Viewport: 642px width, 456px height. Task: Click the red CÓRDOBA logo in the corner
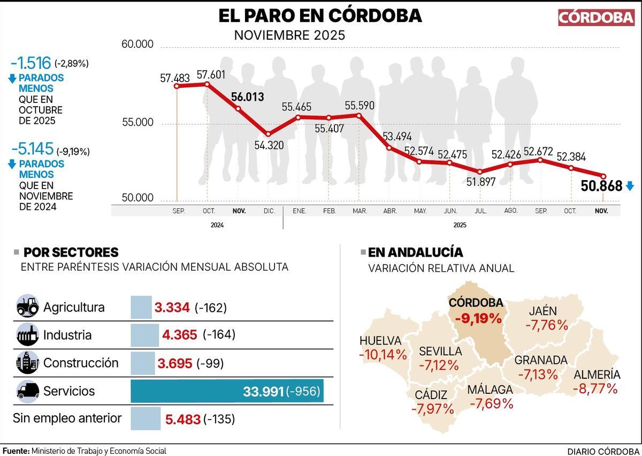click(x=596, y=17)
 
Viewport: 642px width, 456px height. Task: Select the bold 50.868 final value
click(x=601, y=186)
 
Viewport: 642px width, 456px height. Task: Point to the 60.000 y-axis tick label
click(x=137, y=44)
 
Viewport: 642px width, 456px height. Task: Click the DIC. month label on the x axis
click(x=269, y=211)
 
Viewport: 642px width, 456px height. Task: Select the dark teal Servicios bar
click(x=227, y=391)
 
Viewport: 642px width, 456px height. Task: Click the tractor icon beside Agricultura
click(x=27, y=307)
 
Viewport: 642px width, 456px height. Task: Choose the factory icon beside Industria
click(x=27, y=335)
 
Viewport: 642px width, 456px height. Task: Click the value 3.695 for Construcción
click(x=174, y=363)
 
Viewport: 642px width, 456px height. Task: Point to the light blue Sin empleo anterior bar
click(x=146, y=418)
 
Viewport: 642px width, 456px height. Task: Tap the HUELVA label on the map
click(x=380, y=341)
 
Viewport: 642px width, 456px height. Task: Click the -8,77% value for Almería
click(x=595, y=388)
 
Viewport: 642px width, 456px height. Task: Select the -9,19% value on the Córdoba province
click(x=478, y=318)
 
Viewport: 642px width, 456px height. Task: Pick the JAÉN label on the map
click(x=542, y=311)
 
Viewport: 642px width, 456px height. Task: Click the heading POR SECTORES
click(x=71, y=252)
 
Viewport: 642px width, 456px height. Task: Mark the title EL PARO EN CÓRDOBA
click(x=320, y=16)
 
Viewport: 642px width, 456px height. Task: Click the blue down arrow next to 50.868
click(x=630, y=186)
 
